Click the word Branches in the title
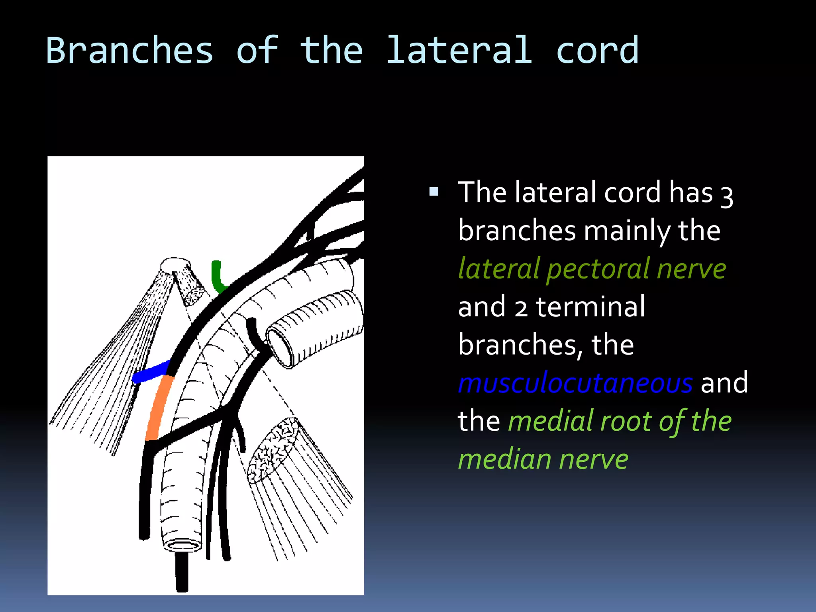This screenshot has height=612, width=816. (130, 50)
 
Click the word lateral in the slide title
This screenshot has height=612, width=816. (459, 50)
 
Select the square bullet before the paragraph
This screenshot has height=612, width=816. (434, 192)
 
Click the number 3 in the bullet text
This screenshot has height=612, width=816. (727, 195)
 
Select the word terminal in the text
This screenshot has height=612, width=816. (590, 307)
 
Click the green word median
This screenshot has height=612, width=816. (505, 459)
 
